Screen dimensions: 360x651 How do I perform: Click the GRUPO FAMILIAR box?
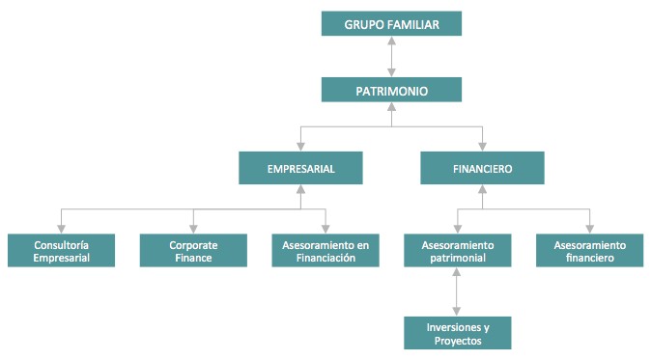pos(391,23)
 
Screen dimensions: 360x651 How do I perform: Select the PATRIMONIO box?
pos(391,91)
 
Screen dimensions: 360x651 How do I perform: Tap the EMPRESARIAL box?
pos(300,169)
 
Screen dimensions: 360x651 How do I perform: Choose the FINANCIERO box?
pos(481,169)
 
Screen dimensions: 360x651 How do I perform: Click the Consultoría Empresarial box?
pos(61,252)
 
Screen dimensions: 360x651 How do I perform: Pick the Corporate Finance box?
pos(193,252)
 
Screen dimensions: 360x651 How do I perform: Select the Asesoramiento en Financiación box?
pos(325,252)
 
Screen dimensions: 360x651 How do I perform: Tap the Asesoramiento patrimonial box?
pos(458,252)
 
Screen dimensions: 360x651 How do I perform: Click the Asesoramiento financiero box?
pos(589,252)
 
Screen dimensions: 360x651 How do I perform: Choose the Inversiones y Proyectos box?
pos(458,333)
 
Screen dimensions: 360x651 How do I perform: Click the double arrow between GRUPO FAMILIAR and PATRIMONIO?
pos(391,57)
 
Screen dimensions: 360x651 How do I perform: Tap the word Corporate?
pos(193,245)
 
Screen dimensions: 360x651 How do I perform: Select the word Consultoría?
pos(62,245)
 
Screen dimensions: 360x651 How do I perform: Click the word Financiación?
pos(325,259)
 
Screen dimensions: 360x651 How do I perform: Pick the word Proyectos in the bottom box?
pos(458,341)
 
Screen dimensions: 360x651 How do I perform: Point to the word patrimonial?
pos(458,259)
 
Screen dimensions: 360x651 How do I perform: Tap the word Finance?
pos(193,259)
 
